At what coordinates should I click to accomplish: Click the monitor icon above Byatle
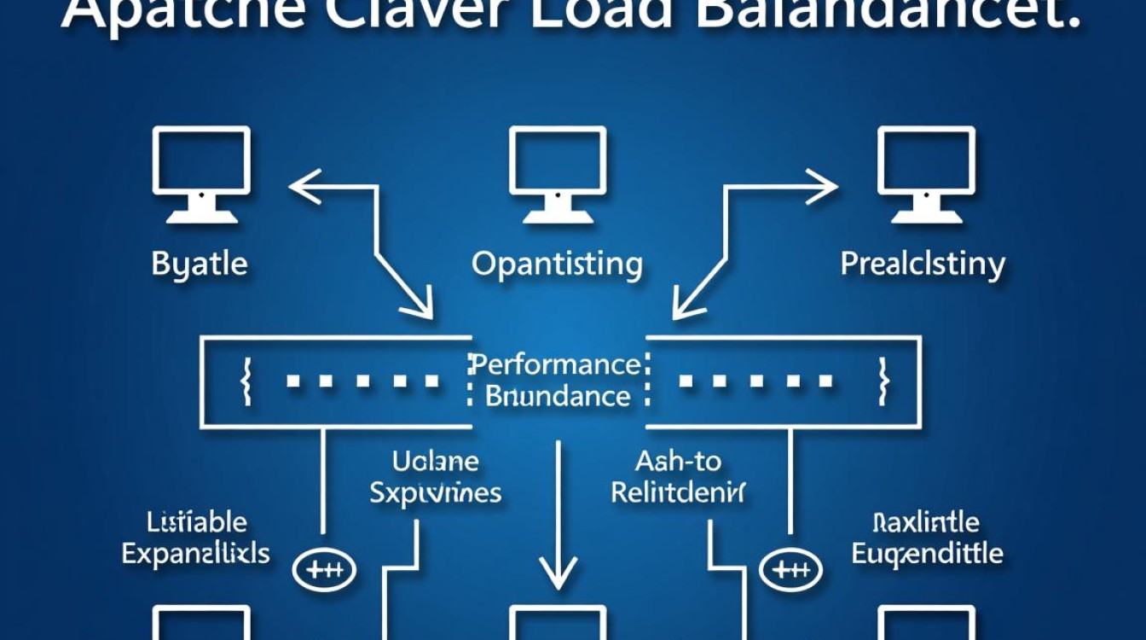coord(201,173)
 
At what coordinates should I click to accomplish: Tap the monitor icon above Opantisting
coord(558,173)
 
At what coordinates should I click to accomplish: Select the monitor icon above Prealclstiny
coord(927,173)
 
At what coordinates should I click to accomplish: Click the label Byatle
coord(200,264)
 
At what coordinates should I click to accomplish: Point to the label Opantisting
coord(557,265)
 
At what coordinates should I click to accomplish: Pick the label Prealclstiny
coord(923,264)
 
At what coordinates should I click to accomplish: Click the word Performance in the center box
coord(556,364)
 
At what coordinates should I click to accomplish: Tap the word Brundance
coord(558,396)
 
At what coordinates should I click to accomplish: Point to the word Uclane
coord(435,462)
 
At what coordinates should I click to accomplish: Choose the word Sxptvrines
coord(436,492)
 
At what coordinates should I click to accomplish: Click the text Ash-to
coord(678,462)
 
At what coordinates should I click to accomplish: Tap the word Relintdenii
coord(679,492)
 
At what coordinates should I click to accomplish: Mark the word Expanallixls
coord(195,553)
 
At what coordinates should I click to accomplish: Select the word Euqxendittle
coord(927,553)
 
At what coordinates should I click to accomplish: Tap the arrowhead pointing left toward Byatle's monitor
coord(304,186)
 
